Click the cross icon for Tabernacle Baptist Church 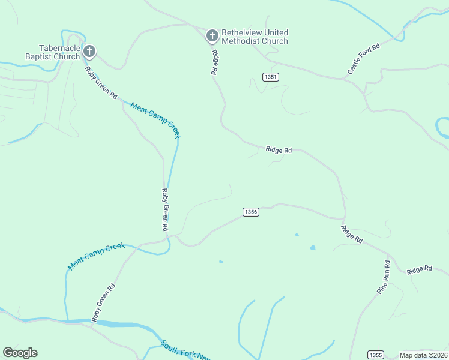(x=89, y=51)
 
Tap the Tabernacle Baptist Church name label (x=59, y=52)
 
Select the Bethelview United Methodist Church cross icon (x=212, y=36)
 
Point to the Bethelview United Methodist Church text (x=255, y=37)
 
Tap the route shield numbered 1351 (x=271, y=77)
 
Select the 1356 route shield (x=251, y=212)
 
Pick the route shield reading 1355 (x=376, y=355)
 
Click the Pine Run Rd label (x=383, y=277)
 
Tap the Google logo (x=20, y=353)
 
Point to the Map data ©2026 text (x=423, y=355)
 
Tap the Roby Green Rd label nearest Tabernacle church (x=101, y=83)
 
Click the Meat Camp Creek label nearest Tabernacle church (x=155, y=120)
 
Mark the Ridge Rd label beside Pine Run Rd (x=419, y=270)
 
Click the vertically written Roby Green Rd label (x=164, y=210)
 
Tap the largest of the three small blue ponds (x=312, y=247)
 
